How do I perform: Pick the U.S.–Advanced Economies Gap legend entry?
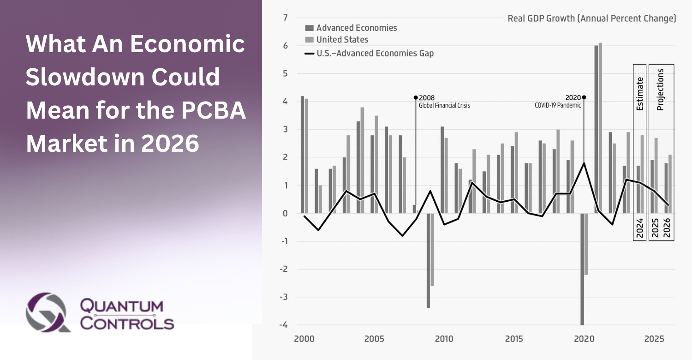pos(375,54)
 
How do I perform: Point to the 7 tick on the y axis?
pos(285,18)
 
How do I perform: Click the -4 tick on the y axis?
pos(283,325)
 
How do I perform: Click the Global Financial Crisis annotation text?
pos(444,105)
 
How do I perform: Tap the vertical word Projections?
pos(661,90)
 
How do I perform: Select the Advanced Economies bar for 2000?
pos(302,155)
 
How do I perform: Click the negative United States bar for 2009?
pos(432,249)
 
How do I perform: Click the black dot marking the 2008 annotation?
pos(416,97)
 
